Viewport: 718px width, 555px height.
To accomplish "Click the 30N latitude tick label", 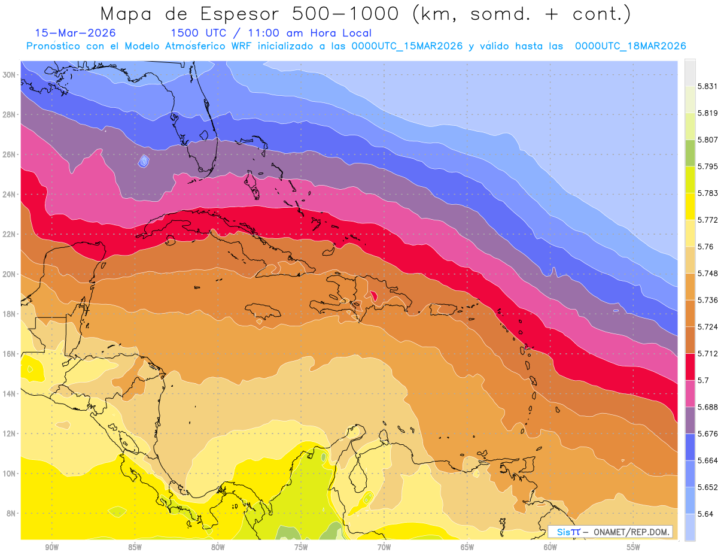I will [x=10, y=75].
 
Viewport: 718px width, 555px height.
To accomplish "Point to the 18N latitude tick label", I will [x=10, y=314].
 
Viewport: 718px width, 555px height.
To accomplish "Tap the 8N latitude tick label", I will [x=10, y=514].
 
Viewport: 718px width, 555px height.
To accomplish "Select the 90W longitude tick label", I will [x=51, y=547].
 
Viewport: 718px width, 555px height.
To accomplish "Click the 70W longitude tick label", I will [x=384, y=547].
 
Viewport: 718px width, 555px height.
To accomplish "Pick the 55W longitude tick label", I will [x=633, y=547].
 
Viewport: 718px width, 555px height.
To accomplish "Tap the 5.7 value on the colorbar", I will [x=699, y=380].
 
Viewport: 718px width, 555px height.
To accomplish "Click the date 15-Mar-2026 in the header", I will [x=75, y=33].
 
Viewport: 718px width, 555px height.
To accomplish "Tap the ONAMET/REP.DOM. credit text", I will [x=632, y=532].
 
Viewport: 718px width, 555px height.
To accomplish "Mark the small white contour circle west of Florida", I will [x=144, y=160].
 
